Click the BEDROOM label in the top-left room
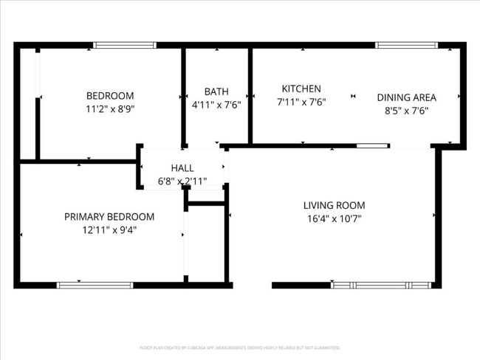pyautogui.click(x=110, y=95)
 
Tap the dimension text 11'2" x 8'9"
pyautogui.click(x=110, y=108)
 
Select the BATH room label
pyautogui.click(x=216, y=91)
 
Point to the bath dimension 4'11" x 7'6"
pyautogui.click(x=216, y=104)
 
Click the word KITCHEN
pyautogui.click(x=301, y=89)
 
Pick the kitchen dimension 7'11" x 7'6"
pyautogui.click(x=301, y=101)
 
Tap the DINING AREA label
pyautogui.click(x=406, y=97)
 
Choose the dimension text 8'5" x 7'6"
pyautogui.click(x=406, y=110)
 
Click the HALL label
pyautogui.click(x=182, y=168)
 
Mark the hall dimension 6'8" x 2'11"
pyautogui.click(x=182, y=181)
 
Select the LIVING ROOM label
pyautogui.click(x=334, y=205)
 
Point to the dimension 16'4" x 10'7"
pyautogui.click(x=334, y=218)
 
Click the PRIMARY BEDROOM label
pyautogui.click(x=109, y=217)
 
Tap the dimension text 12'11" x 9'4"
pyautogui.click(x=109, y=229)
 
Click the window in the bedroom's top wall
pyautogui.click(x=124, y=45)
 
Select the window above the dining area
pyautogui.click(x=406, y=45)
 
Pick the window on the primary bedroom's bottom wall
pyautogui.click(x=95, y=285)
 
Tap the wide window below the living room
pyautogui.click(x=381, y=285)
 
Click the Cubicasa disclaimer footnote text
pyautogui.click(x=239, y=347)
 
